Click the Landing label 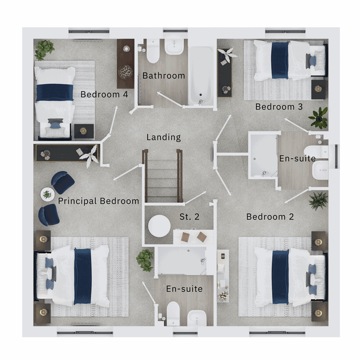[x=163, y=137]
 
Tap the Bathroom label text [x=163, y=76]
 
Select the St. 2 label [x=189, y=217]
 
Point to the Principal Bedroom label [x=98, y=201]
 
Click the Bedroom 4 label [x=104, y=94]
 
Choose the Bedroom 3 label [x=279, y=107]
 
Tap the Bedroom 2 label [x=270, y=217]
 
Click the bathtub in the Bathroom [x=200, y=75]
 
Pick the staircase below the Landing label [x=162, y=177]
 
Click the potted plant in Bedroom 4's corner [x=44, y=49]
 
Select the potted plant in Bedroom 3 [x=319, y=118]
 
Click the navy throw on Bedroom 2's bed [x=280, y=277]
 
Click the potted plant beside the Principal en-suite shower [x=145, y=260]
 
